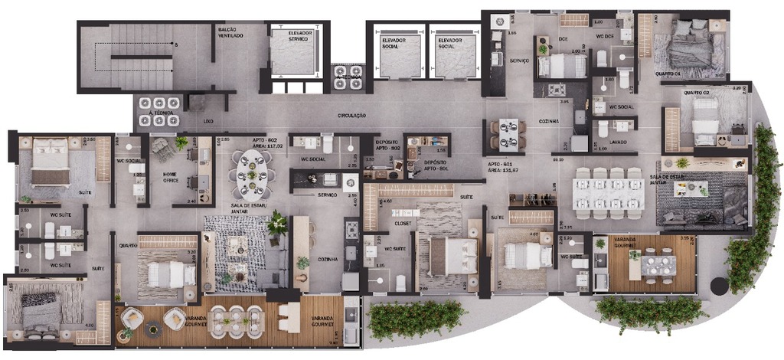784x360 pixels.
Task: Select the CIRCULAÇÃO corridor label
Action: pos(351,116)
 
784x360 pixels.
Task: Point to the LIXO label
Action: pos(208,121)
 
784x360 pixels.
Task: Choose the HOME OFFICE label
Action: pos(171,177)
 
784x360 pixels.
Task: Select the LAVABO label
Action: pos(618,142)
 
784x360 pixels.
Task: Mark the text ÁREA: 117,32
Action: pos(266,146)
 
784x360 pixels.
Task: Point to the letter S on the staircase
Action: pos(176,46)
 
